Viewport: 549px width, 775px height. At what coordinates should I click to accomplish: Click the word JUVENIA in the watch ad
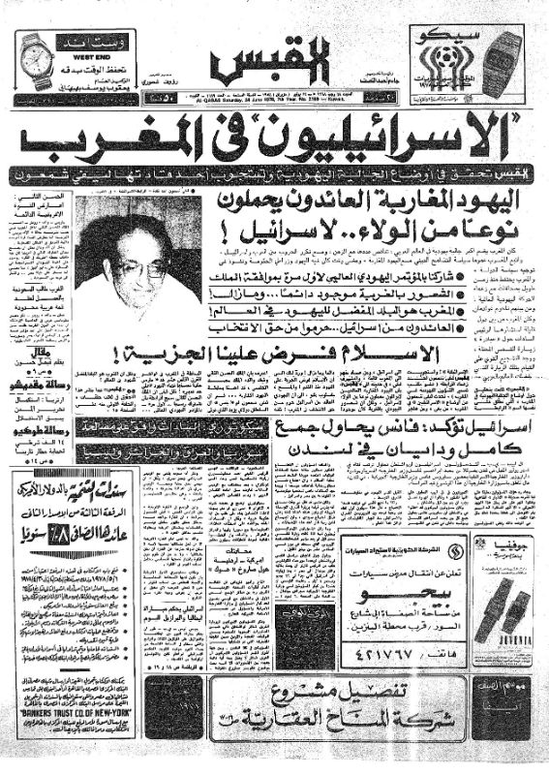[507, 638]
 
